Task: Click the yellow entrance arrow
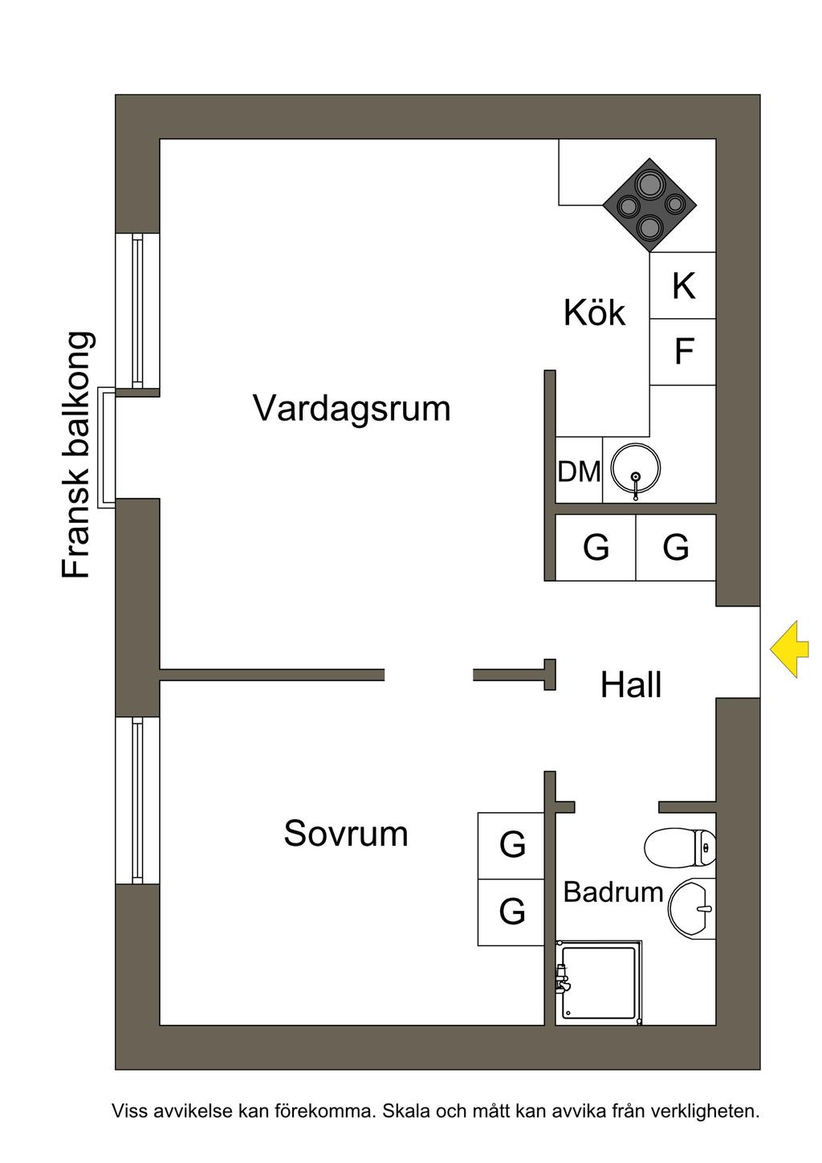pyautogui.click(x=785, y=649)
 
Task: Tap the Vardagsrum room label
pyautogui.click(x=352, y=408)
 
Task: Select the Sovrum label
pyautogui.click(x=345, y=834)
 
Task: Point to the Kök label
pyautogui.click(x=594, y=312)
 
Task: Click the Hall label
pyautogui.click(x=631, y=685)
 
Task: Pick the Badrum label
pyautogui.click(x=613, y=892)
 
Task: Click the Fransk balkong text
pyautogui.click(x=78, y=455)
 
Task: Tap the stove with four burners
pyautogui.click(x=649, y=205)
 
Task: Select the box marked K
pyautogui.click(x=682, y=286)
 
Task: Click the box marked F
pyautogui.click(x=682, y=352)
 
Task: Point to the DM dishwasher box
pyautogui.click(x=579, y=471)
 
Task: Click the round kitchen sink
pyautogui.click(x=635, y=469)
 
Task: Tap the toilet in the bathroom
pyautogui.click(x=679, y=847)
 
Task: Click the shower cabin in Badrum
pyautogui.click(x=600, y=983)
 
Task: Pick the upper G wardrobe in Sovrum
pyautogui.click(x=511, y=845)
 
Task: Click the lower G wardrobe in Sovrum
pyautogui.click(x=511, y=912)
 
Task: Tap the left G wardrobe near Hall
pyautogui.click(x=596, y=547)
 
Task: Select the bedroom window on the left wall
pyautogui.click(x=137, y=800)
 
